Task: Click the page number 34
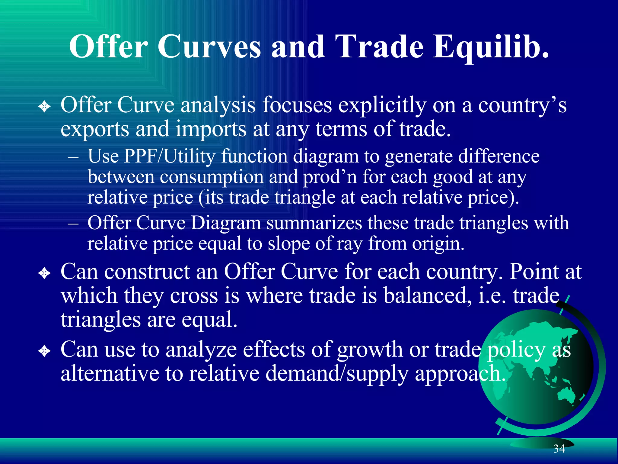(559, 449)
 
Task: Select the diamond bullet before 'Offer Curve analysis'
(44, 106)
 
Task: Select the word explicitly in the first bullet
(382, 106)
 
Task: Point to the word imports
(211, 129)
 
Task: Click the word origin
(438, 243)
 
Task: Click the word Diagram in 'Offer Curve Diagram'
(226, 223)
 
